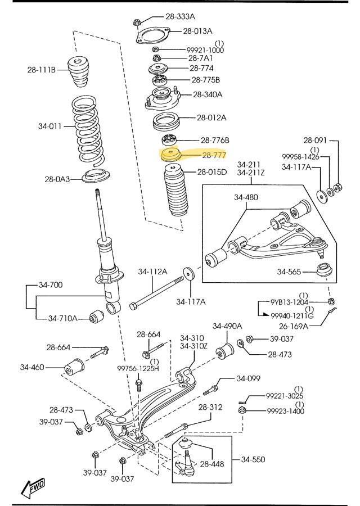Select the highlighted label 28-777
214,155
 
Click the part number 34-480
246,197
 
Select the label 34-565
289,272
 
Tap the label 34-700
51,284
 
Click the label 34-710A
62,318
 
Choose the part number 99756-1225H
138,368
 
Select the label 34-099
248,378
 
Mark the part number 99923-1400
285,411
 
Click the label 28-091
316,140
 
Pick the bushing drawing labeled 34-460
75,367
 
